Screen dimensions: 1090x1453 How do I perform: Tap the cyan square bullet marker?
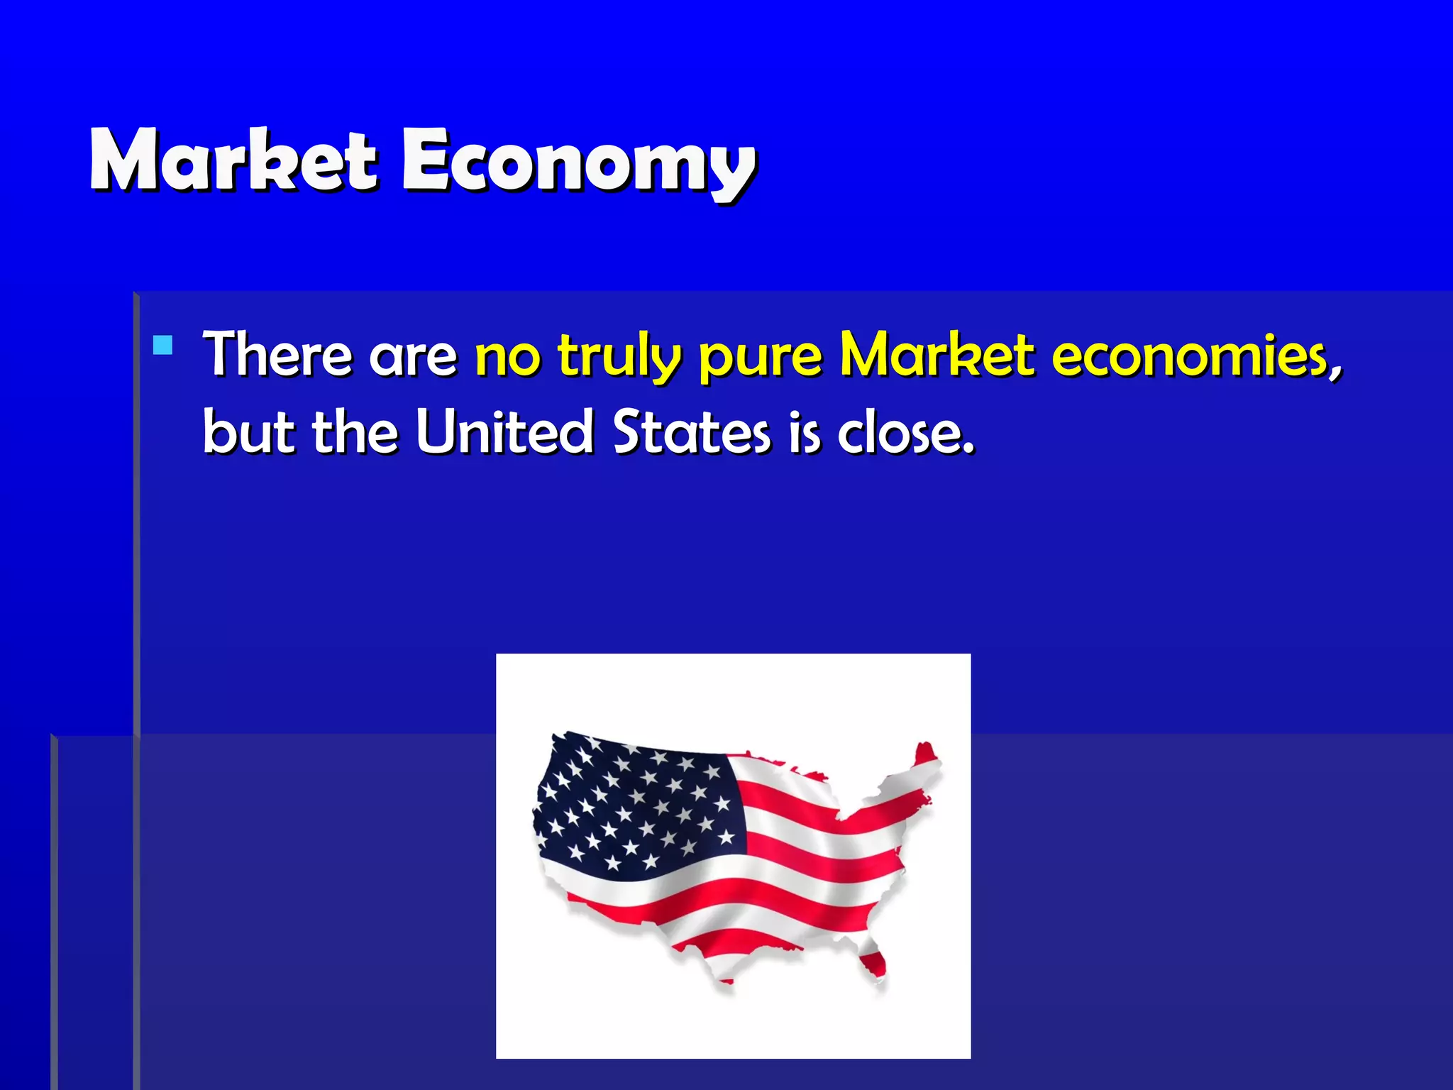(x=163, y=345)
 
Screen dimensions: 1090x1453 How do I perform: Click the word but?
(x=248, y=431)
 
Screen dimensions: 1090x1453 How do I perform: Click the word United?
(x=504, y=431)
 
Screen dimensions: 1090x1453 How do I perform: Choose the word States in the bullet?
(x=691, y=431)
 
